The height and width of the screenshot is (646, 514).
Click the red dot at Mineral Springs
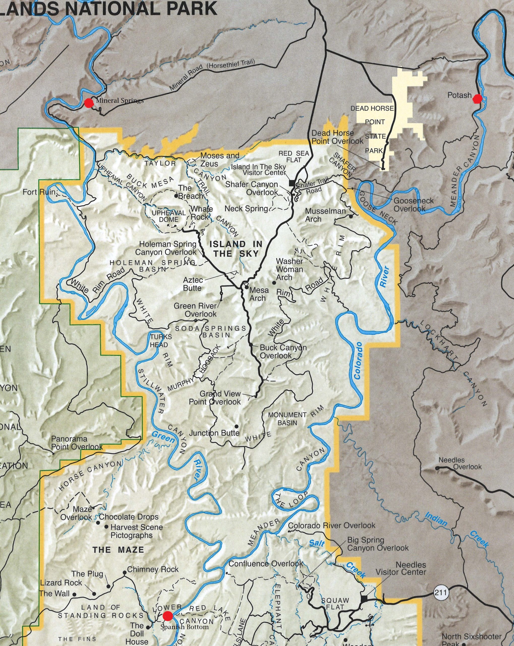point(88,103)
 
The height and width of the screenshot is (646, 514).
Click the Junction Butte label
point(214,433)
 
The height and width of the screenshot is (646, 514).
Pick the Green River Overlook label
point(195,310)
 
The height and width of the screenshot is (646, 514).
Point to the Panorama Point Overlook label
point(77,443)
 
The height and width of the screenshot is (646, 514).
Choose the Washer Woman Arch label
point(289,269)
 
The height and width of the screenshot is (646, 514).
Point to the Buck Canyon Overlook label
point(283,352)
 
